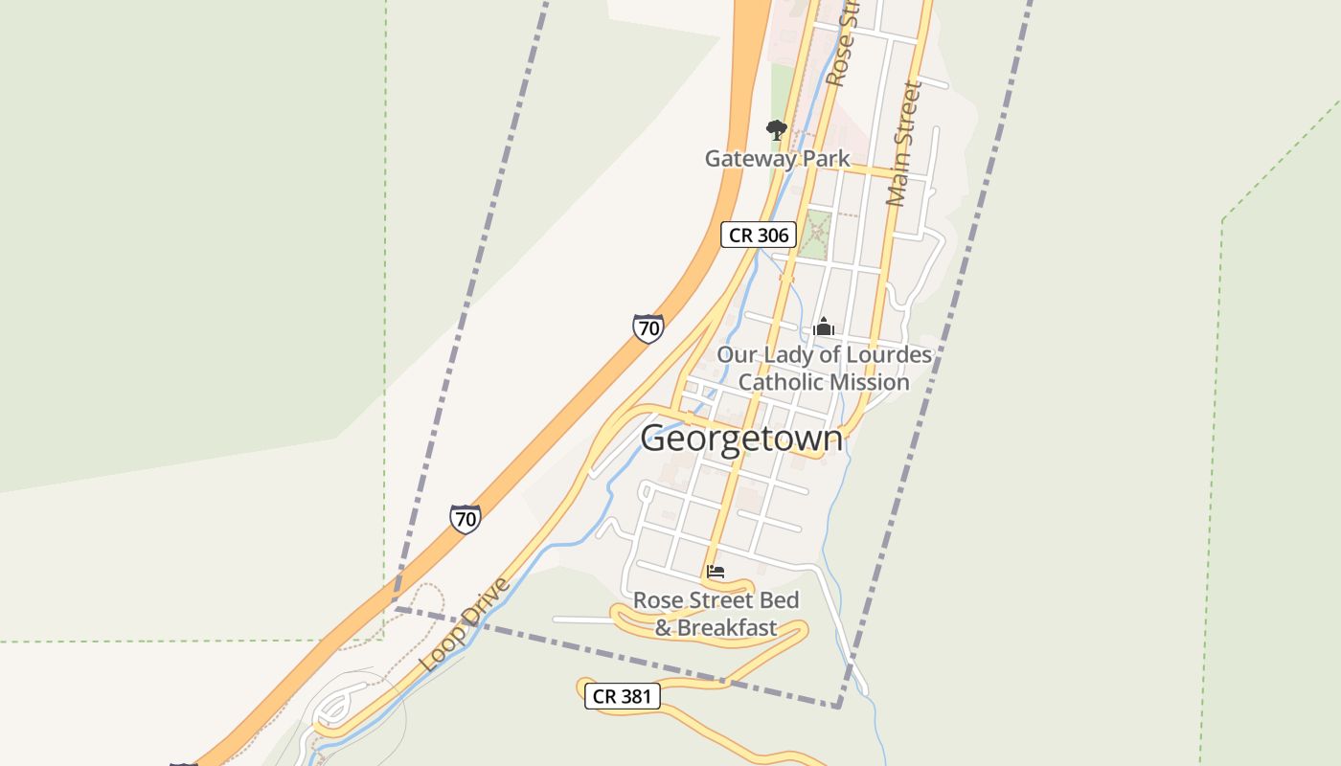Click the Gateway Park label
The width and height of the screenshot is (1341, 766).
[x=777, y=158]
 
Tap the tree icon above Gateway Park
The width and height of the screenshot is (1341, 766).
[x=776, y=129]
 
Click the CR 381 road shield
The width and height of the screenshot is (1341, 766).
[x=623, y=696]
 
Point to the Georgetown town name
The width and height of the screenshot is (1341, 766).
[x=741, y=439]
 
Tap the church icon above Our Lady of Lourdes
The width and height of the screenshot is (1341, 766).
[x=823, y=327]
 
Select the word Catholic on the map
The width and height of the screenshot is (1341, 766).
[x=779, y=382]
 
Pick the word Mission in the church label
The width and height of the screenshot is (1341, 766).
[x=869, y=382]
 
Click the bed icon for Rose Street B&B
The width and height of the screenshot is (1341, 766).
[x=716, y=573]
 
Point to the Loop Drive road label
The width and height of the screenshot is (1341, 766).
[x=465, y=624]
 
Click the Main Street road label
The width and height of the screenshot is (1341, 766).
[x=903, y=144]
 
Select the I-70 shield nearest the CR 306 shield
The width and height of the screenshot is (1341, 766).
[x=648, y=328]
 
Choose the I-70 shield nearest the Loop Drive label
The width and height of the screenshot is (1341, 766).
[x=466, y=519]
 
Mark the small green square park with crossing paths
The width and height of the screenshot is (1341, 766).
[x=815, y=235]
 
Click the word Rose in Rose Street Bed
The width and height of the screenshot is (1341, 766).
[x=656, y=600]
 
